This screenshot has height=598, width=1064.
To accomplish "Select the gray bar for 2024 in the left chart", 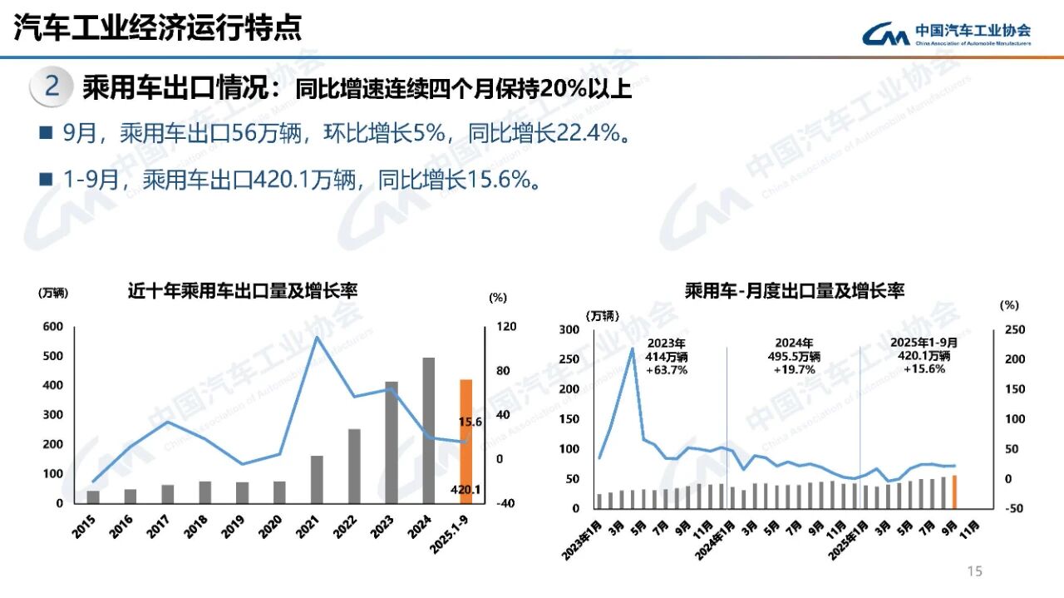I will tap(429, 430).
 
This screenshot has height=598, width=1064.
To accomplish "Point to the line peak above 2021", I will tap(317, 337).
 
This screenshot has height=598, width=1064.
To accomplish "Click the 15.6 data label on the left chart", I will tap(470, 423).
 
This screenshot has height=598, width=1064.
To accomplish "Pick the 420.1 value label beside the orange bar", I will tap(465, 490).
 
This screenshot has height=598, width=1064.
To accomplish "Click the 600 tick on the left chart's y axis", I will tap(52, 327).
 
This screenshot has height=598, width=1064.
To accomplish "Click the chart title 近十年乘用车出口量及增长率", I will tap(242, 291).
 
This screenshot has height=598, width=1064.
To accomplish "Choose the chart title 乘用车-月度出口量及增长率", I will tap(794, 291).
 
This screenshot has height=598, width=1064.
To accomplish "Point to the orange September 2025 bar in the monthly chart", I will tap(953, 491).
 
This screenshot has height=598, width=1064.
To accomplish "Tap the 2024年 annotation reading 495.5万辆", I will tap(794, 356).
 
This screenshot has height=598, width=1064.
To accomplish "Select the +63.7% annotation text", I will tap(667, 370).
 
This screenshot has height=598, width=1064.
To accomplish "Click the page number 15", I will tap(974, 571).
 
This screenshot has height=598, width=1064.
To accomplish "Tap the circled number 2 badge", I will tap(52, 87).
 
